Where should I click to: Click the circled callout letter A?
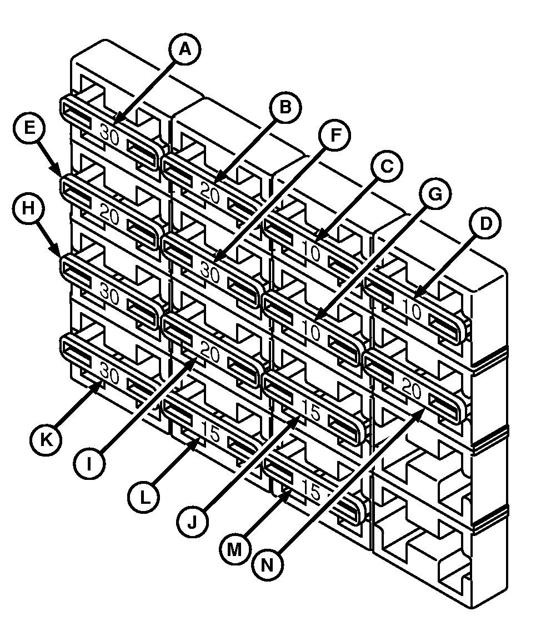pos(185,50)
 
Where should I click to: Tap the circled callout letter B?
pos(285,107)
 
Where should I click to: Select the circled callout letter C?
pos(387,167)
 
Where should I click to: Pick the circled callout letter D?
pos(485,224)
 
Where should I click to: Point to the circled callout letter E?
pos(29,128)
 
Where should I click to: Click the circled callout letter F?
pos(335,136)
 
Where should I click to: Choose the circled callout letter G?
pos(435,194)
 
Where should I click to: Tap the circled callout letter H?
pos(28,208)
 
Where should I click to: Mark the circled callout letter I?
pos(89,464)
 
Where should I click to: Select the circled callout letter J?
pos(193,522)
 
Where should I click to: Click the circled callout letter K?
pos(46,440)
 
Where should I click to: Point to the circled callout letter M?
pos(234,549)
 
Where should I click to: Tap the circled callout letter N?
pos(268,565)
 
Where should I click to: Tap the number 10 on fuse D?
pos(413,311)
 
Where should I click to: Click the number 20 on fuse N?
pos(412,389)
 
